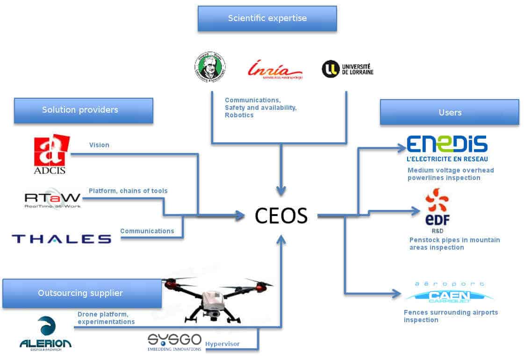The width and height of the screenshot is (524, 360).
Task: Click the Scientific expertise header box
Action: tap(267, 19)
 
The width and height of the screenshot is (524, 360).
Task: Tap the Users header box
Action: tap(449, 112)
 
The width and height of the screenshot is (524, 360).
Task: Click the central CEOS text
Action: tap(281, 216)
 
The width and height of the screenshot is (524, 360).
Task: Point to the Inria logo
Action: tap(274, 69)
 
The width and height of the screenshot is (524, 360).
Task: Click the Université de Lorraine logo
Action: tap(347, 69)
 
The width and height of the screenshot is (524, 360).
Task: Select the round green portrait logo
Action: tap(210, 67)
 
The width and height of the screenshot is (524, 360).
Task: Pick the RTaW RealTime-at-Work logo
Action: tap(52, 198)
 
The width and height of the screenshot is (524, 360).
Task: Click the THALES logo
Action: tap(61, 239)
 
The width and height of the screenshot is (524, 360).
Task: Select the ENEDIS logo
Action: tap(447, 148)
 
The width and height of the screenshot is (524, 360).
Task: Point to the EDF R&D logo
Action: tap(437, 210)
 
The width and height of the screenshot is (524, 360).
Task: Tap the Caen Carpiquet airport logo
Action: tap(449, 292)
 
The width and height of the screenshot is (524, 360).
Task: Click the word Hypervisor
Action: tap(223, 344)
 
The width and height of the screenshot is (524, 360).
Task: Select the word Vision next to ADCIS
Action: tap(99, 145)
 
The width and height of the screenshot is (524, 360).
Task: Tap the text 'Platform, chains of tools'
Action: tap(128, 191)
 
